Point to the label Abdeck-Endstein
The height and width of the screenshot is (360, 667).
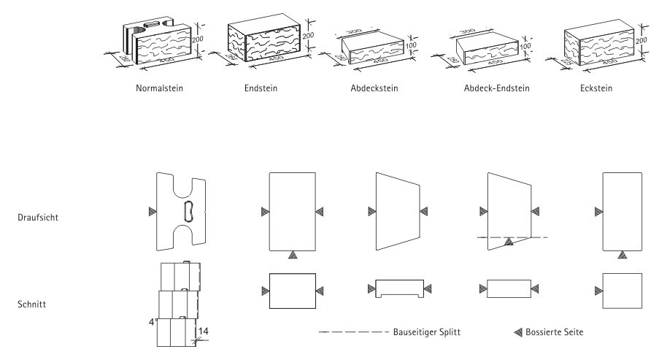[x=496, y=89]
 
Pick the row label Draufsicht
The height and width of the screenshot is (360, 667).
[x=41, y=217]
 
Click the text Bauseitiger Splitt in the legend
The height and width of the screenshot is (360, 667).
[x=425, y=332]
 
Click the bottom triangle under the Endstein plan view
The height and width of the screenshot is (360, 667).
[x=292, y=254]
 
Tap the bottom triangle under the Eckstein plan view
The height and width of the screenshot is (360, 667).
[x=622, y=254]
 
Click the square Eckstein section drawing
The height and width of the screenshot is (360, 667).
[x=622, y=291]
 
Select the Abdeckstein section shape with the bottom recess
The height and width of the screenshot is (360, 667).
[x=398, y=288]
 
